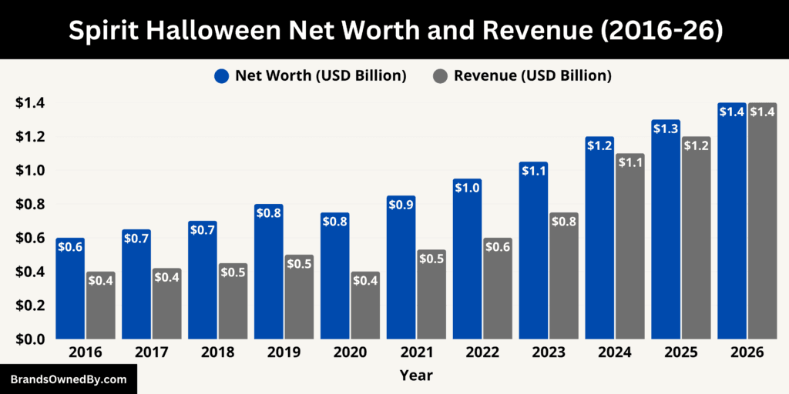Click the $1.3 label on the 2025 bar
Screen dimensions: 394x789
pyautogui.click(x=666, y=129)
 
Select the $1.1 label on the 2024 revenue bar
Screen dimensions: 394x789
pyautogui.click(x=630, y=162)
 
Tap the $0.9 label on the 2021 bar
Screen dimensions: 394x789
pyautogui.click(x=401, y=205)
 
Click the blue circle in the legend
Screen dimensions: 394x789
pyautogui.click(x=223, y=75)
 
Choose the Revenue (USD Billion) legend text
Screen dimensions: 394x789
pyautogui.click(x=532, y=75)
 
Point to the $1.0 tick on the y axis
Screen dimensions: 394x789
pyautogui.click(x=29, y=170)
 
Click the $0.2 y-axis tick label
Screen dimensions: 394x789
pyautogui.click(x=29, y=306)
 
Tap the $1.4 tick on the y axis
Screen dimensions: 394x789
pyautogui.click(x=29, y=103)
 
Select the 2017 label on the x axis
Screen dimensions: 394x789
pyautogui.click(x=151, y=352)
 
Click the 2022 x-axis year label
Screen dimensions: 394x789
pyautogui.click(x=482, y=352)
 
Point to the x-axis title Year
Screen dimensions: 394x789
pyautogui.click(x=416, y=376)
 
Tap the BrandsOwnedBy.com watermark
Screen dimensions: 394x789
pyautogui.click(x=68, y=379)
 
